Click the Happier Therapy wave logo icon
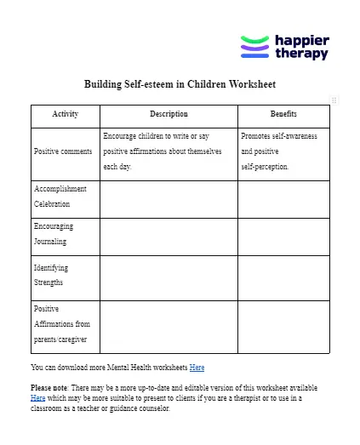point(254,47)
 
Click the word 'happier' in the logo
point(301,40)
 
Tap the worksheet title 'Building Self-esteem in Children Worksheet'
point(180,84)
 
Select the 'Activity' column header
point(65,114)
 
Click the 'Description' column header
point(169,114)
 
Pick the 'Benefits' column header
point(283,114)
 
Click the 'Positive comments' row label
point(63,151)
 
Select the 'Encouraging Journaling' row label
point(54,234)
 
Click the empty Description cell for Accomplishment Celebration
point(169,199)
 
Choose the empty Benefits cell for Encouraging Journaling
point(283,237)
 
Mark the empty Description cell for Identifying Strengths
point(169,278)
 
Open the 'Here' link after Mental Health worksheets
point(197,368)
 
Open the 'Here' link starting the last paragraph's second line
point(38,397)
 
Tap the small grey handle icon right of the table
point(334,100)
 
